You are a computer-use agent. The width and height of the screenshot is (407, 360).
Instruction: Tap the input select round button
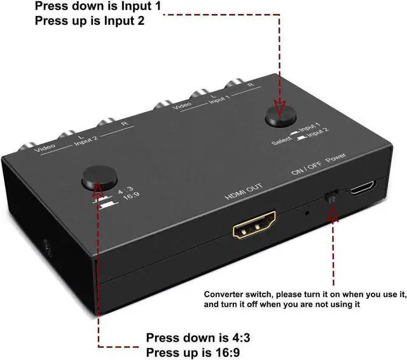[281, 115]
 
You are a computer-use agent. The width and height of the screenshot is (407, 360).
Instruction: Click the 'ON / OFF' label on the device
[307, 164]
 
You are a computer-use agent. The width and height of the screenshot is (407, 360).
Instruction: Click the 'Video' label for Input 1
[182, 105]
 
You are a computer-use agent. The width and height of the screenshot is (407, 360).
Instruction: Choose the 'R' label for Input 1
[251, 85]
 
